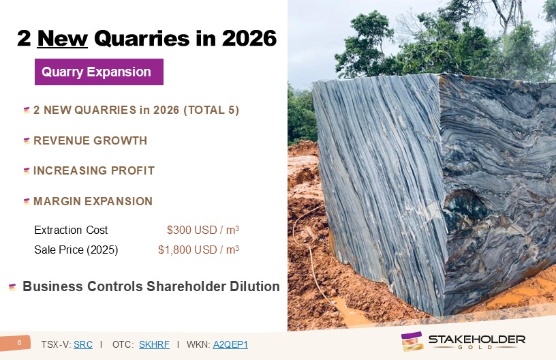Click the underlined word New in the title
click(63, 38)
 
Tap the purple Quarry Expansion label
click(99, 72)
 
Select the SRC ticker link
click(83, 344)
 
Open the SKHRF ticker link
click(154, 344)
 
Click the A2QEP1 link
click(230, 344)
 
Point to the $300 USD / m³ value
click(203, 230)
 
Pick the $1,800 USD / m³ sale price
click(198, 250)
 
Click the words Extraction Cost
click(71, 230)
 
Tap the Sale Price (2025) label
click(76, 250)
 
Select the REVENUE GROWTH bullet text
click(90, 141)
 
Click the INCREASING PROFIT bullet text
click(94, 170)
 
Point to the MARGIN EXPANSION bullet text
click(93, 201)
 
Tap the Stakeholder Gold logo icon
click(412, 341)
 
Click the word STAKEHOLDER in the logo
click(477, 340)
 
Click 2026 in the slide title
click(249, 38)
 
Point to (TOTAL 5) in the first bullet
click(211, 110)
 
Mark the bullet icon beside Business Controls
click(12, 287)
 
